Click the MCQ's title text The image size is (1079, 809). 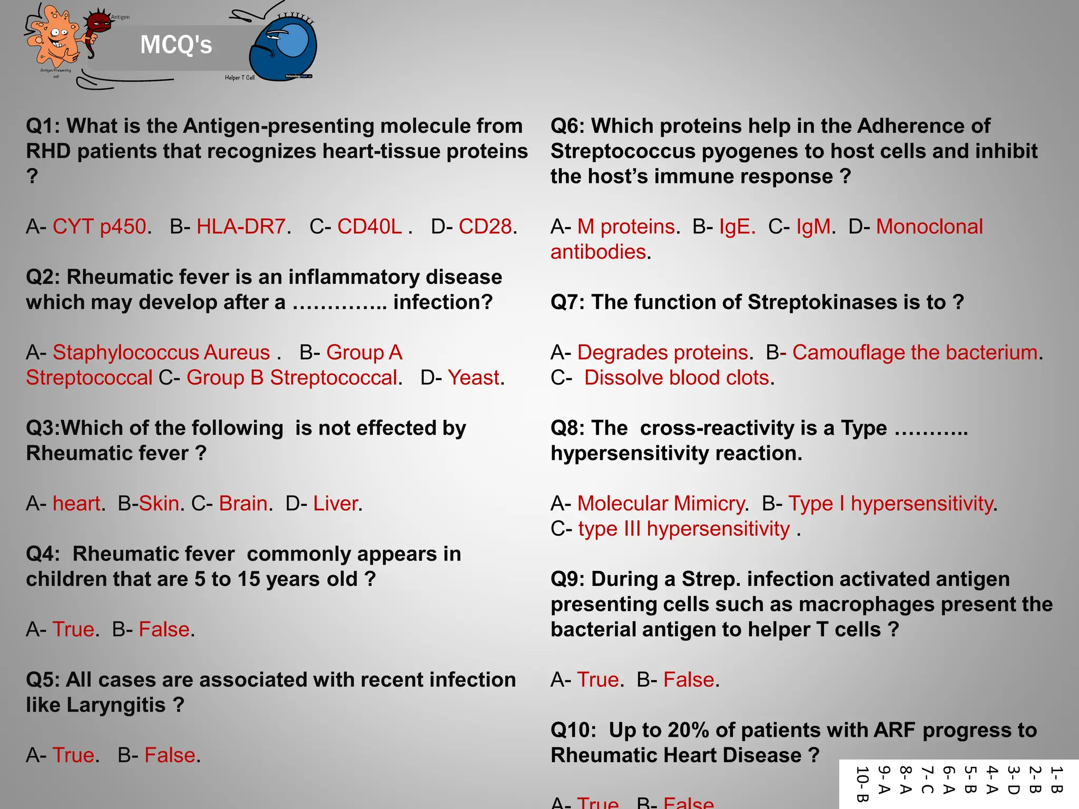pos(176,45)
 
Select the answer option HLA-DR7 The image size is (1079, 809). pos(241,226)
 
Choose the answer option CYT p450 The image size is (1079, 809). pos(99,226)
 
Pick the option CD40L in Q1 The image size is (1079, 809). pos(369,226)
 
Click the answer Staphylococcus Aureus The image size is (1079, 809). pos(161,352)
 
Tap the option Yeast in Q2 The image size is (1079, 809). pos(473,378)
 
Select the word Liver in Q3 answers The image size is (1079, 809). pos(336,504)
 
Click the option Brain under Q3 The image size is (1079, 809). pos(243,504)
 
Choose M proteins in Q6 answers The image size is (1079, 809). pos(625,226)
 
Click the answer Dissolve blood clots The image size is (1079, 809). pos(676,378)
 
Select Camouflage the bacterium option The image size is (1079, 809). pos(915,352)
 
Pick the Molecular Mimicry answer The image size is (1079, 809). pos(661,504)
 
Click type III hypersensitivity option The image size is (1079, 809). pos(684,529)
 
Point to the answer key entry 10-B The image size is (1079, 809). pos(861,784)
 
